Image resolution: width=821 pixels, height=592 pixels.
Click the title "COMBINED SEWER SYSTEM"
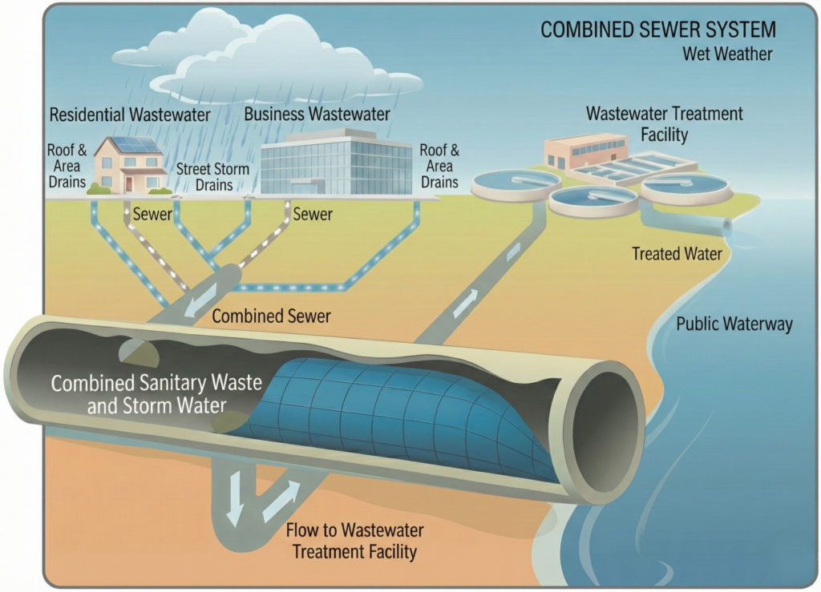[657, 30]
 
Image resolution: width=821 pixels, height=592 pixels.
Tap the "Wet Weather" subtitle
[727, 54]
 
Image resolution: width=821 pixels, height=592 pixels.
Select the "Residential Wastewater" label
[130, 115]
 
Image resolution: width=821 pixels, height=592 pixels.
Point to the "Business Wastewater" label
[317, 115]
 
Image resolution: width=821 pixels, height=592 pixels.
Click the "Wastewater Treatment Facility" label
[664, 123]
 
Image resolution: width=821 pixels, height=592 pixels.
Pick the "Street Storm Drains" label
[212, 177]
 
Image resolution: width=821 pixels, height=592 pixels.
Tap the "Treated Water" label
[677, 254]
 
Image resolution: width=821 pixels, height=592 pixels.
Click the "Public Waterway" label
[734, 324]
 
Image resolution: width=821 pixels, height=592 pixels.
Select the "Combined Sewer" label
[271, 316]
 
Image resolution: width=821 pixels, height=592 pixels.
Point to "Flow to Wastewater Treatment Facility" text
[354, 541]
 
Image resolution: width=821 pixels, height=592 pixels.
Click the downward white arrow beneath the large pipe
[234, 509]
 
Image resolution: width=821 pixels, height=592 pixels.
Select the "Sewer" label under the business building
[313, 214]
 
